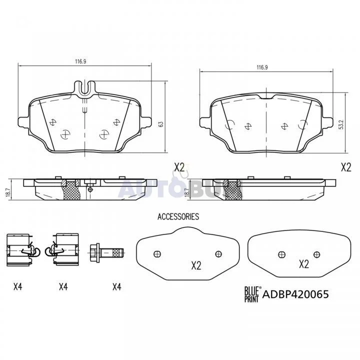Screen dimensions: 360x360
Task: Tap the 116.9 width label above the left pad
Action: click(80, 61)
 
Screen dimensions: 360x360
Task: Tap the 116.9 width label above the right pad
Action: click(262, 67)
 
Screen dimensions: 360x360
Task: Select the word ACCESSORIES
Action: click(178, 216)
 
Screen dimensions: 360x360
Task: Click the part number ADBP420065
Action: click(295, 294)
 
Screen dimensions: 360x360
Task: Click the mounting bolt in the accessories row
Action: click(106, 253)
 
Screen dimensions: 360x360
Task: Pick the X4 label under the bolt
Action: click(117, 286)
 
